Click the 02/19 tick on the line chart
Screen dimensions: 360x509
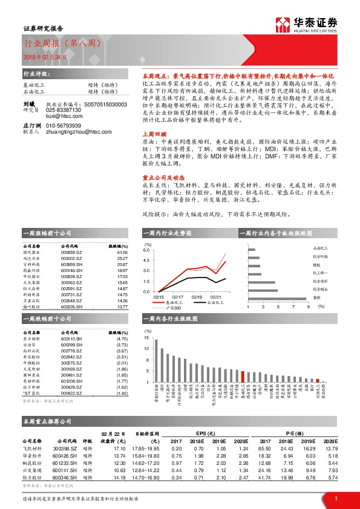coord(197,297)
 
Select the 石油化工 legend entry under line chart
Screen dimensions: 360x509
coord(214,303)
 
